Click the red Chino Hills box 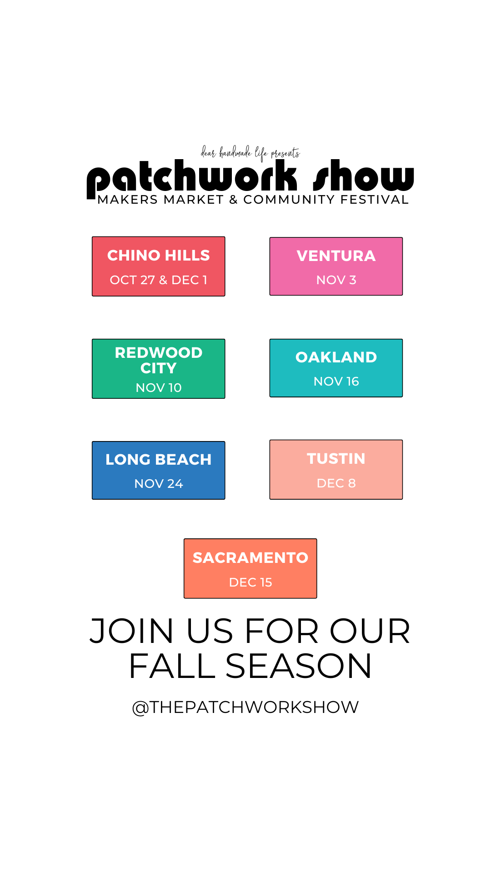(x=159, y=266)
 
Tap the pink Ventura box (x=336, y=266)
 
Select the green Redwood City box (x=159, y=369)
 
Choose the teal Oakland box (x=336, y=368)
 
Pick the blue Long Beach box (x=159, y=470)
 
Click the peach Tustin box (x=336, y=470)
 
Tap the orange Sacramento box (x=251, y=568)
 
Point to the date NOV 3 (x=336, y=280)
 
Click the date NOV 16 (x=336, y=381)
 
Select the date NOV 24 (x=159, y=484)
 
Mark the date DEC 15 (x=251, y=582)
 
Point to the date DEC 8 (x=336, y=483)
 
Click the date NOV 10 (x=159, y=388)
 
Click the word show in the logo (x=364, y=176)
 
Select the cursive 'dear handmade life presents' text (x=251, y=153)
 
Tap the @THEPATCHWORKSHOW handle (x=245, y=707)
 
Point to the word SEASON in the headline (x=299, y=666)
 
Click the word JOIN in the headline (x=132, y=631)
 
